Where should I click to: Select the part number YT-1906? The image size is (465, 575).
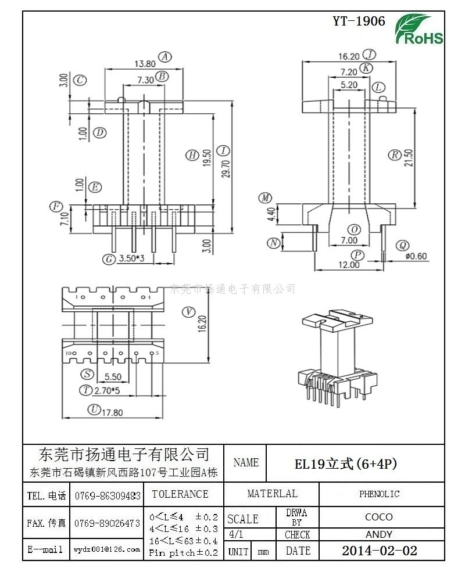359,21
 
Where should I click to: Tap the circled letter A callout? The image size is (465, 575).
166,57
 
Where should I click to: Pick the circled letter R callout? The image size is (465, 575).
395,154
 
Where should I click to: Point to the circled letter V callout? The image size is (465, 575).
188,312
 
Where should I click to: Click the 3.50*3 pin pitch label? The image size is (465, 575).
131,258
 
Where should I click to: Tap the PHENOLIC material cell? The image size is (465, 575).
379,494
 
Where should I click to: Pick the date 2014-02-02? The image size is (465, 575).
379,551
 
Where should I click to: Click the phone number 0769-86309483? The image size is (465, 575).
108,495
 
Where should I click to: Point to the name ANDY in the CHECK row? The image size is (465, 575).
379,534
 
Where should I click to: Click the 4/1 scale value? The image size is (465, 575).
237,534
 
